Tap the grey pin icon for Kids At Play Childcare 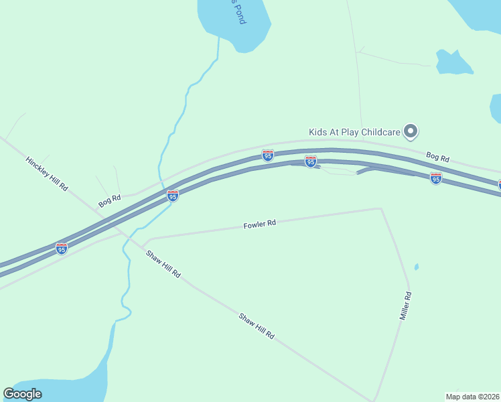[412, 132]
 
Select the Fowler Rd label [260, 224]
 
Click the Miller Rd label [405, 305]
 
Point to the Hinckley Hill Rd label [47, 174]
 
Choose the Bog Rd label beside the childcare [437, 158]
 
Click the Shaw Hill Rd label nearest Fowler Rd [163, 264]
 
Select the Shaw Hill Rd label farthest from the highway [257, 325]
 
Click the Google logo [22, 394]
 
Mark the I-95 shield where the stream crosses [173, 195]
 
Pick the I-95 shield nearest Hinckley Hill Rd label [62, 248]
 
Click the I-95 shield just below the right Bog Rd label [436, 178]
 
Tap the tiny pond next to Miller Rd [417, 267]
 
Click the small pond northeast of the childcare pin [453, 62]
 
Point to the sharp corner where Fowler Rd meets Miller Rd [381, 209]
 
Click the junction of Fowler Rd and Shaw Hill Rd [143, 245]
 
